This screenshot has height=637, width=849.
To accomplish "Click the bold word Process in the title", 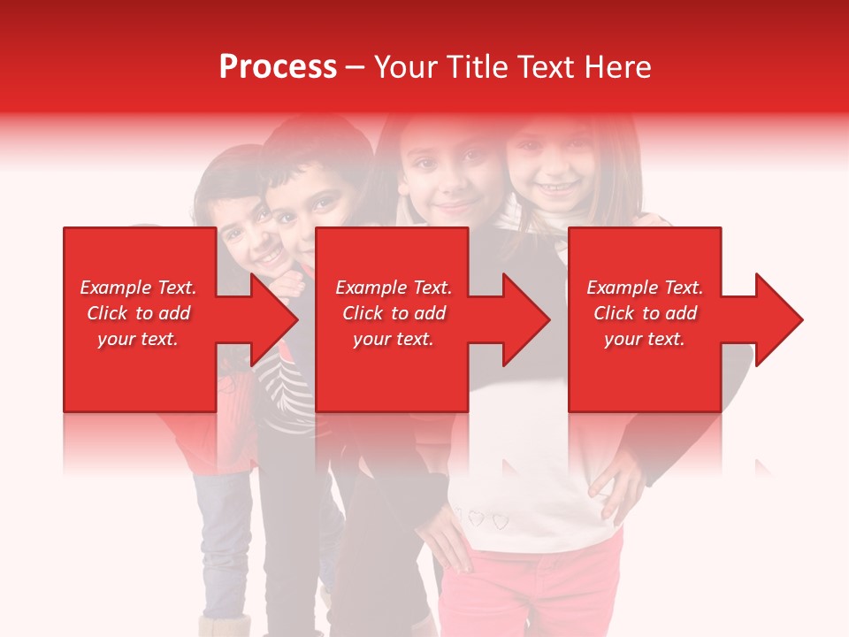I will point(278,67).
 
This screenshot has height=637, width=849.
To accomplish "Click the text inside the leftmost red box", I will point(139,313).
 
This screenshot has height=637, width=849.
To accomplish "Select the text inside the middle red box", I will point(394,313).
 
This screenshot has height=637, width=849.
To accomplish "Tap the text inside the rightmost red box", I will point(645,313).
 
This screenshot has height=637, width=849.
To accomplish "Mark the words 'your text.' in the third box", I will point(645,339).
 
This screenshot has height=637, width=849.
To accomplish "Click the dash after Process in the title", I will point(355,67).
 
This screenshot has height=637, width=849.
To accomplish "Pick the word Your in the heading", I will point(406,67).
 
